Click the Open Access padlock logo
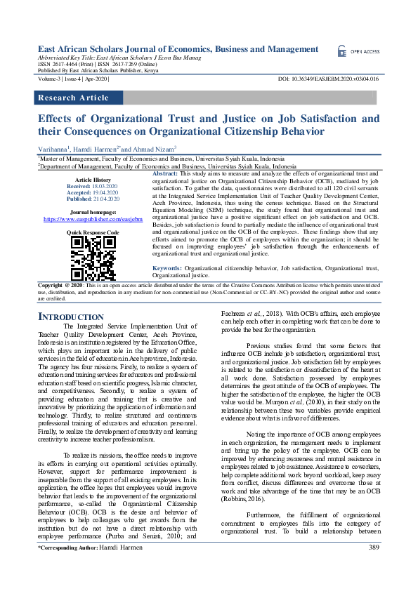342,51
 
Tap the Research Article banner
73,98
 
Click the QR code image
92,258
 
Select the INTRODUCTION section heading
70,317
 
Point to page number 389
374,567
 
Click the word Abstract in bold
165,173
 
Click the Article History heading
91,180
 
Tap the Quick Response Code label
92,232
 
